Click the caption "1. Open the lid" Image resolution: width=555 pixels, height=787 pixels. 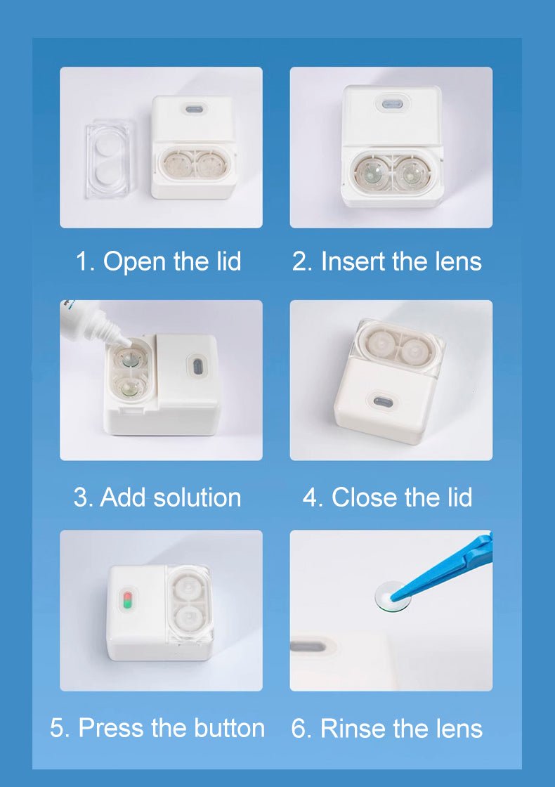[158, 261]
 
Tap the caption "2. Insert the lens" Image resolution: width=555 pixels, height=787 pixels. [387, 261]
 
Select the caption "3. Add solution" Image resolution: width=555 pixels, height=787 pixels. [157, 497]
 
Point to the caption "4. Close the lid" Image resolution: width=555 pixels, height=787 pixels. [387, 497]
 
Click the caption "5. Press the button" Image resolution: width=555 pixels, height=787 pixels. [157, 728]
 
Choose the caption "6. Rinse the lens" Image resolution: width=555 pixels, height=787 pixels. [387, 729]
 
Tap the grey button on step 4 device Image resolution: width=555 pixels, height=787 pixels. [383, 401]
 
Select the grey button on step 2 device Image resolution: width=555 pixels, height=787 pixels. [391, 104]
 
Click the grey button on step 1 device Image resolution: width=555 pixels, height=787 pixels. [193, 110]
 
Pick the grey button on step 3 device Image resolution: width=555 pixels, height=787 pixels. [197, 366]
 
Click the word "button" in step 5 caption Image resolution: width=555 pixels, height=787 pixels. [223, 728]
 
